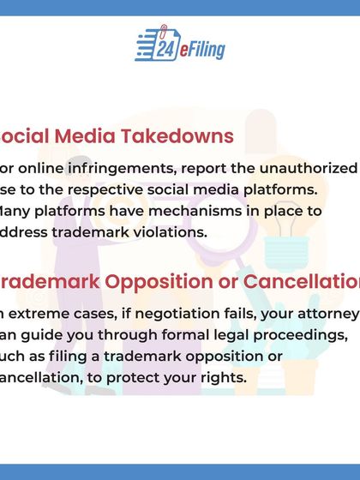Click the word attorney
pos(322,315)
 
